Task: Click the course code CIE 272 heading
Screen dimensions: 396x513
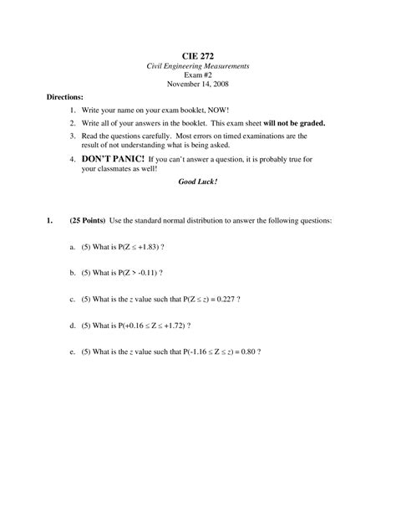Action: coord(198,52)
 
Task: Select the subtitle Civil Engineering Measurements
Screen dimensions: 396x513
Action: coord(198,65)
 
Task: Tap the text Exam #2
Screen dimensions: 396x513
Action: coord(198,75)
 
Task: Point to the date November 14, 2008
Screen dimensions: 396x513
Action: coord(198,85)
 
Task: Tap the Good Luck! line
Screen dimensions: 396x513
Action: coord(198,181)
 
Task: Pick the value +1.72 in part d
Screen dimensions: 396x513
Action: coord(180,325)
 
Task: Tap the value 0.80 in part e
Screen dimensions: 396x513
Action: coord(246,351)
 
